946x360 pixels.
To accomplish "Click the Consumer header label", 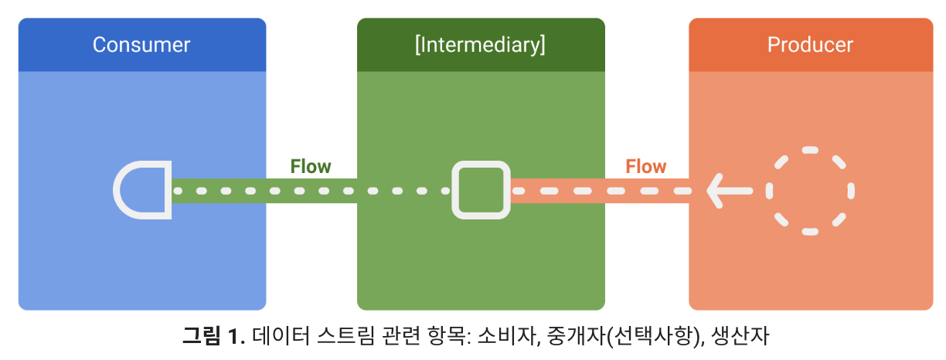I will click(x=141, y=45).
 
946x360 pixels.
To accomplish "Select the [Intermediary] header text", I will click(x=480, y=45).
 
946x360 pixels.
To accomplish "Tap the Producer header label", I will click(x=810, y=45).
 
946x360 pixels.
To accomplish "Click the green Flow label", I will click(x=311, y=166).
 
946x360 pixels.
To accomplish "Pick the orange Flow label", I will click(x=645, y=166).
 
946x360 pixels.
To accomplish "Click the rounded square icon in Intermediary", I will click(x=482, y=190).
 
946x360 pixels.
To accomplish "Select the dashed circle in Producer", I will click(x=810, y=190).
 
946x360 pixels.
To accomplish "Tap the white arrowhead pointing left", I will click(x=719, y=190).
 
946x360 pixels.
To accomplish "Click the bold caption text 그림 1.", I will click(x=213, y=336).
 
